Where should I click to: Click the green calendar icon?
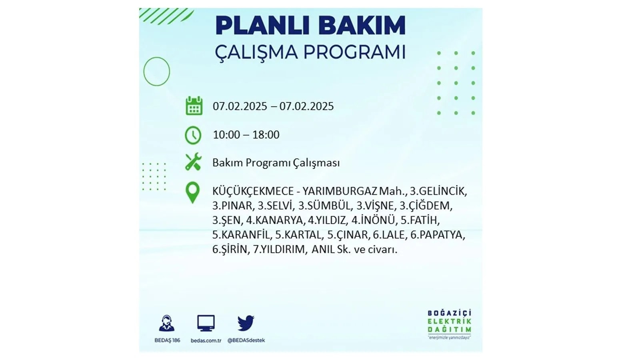tap(194, 106)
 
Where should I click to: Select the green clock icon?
tap(193, 135)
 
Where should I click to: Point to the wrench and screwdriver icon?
tap(193, 162)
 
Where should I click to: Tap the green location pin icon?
tap(192, 192)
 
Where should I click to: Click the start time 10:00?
tap(226, 135)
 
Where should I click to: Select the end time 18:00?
tap(266, 135)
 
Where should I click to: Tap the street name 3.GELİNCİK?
tap(438, 191)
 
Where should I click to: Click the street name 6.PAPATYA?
tap(438, 235)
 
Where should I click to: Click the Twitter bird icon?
tap(246, 323)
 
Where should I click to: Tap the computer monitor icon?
tap(206, 323)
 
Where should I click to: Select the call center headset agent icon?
tap(166, 323)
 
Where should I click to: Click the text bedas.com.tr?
tap(206, 340)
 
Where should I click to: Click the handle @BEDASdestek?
tap(246, 340)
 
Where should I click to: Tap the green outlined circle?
tap(144, 72)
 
